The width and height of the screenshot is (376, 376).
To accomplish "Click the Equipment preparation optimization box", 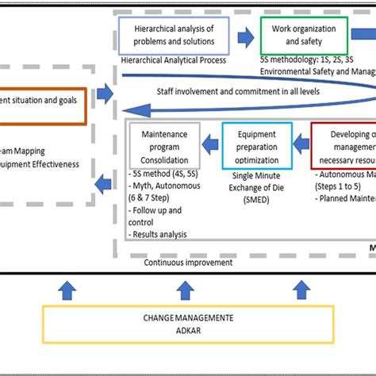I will coord(258,144).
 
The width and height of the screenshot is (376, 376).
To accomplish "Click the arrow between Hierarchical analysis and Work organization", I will coord(247,35).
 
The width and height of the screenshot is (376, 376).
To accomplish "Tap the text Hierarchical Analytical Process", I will coord(174,59).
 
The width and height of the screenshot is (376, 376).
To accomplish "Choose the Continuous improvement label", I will coord(189,262).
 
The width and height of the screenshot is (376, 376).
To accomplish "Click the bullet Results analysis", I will coord(158,234).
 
